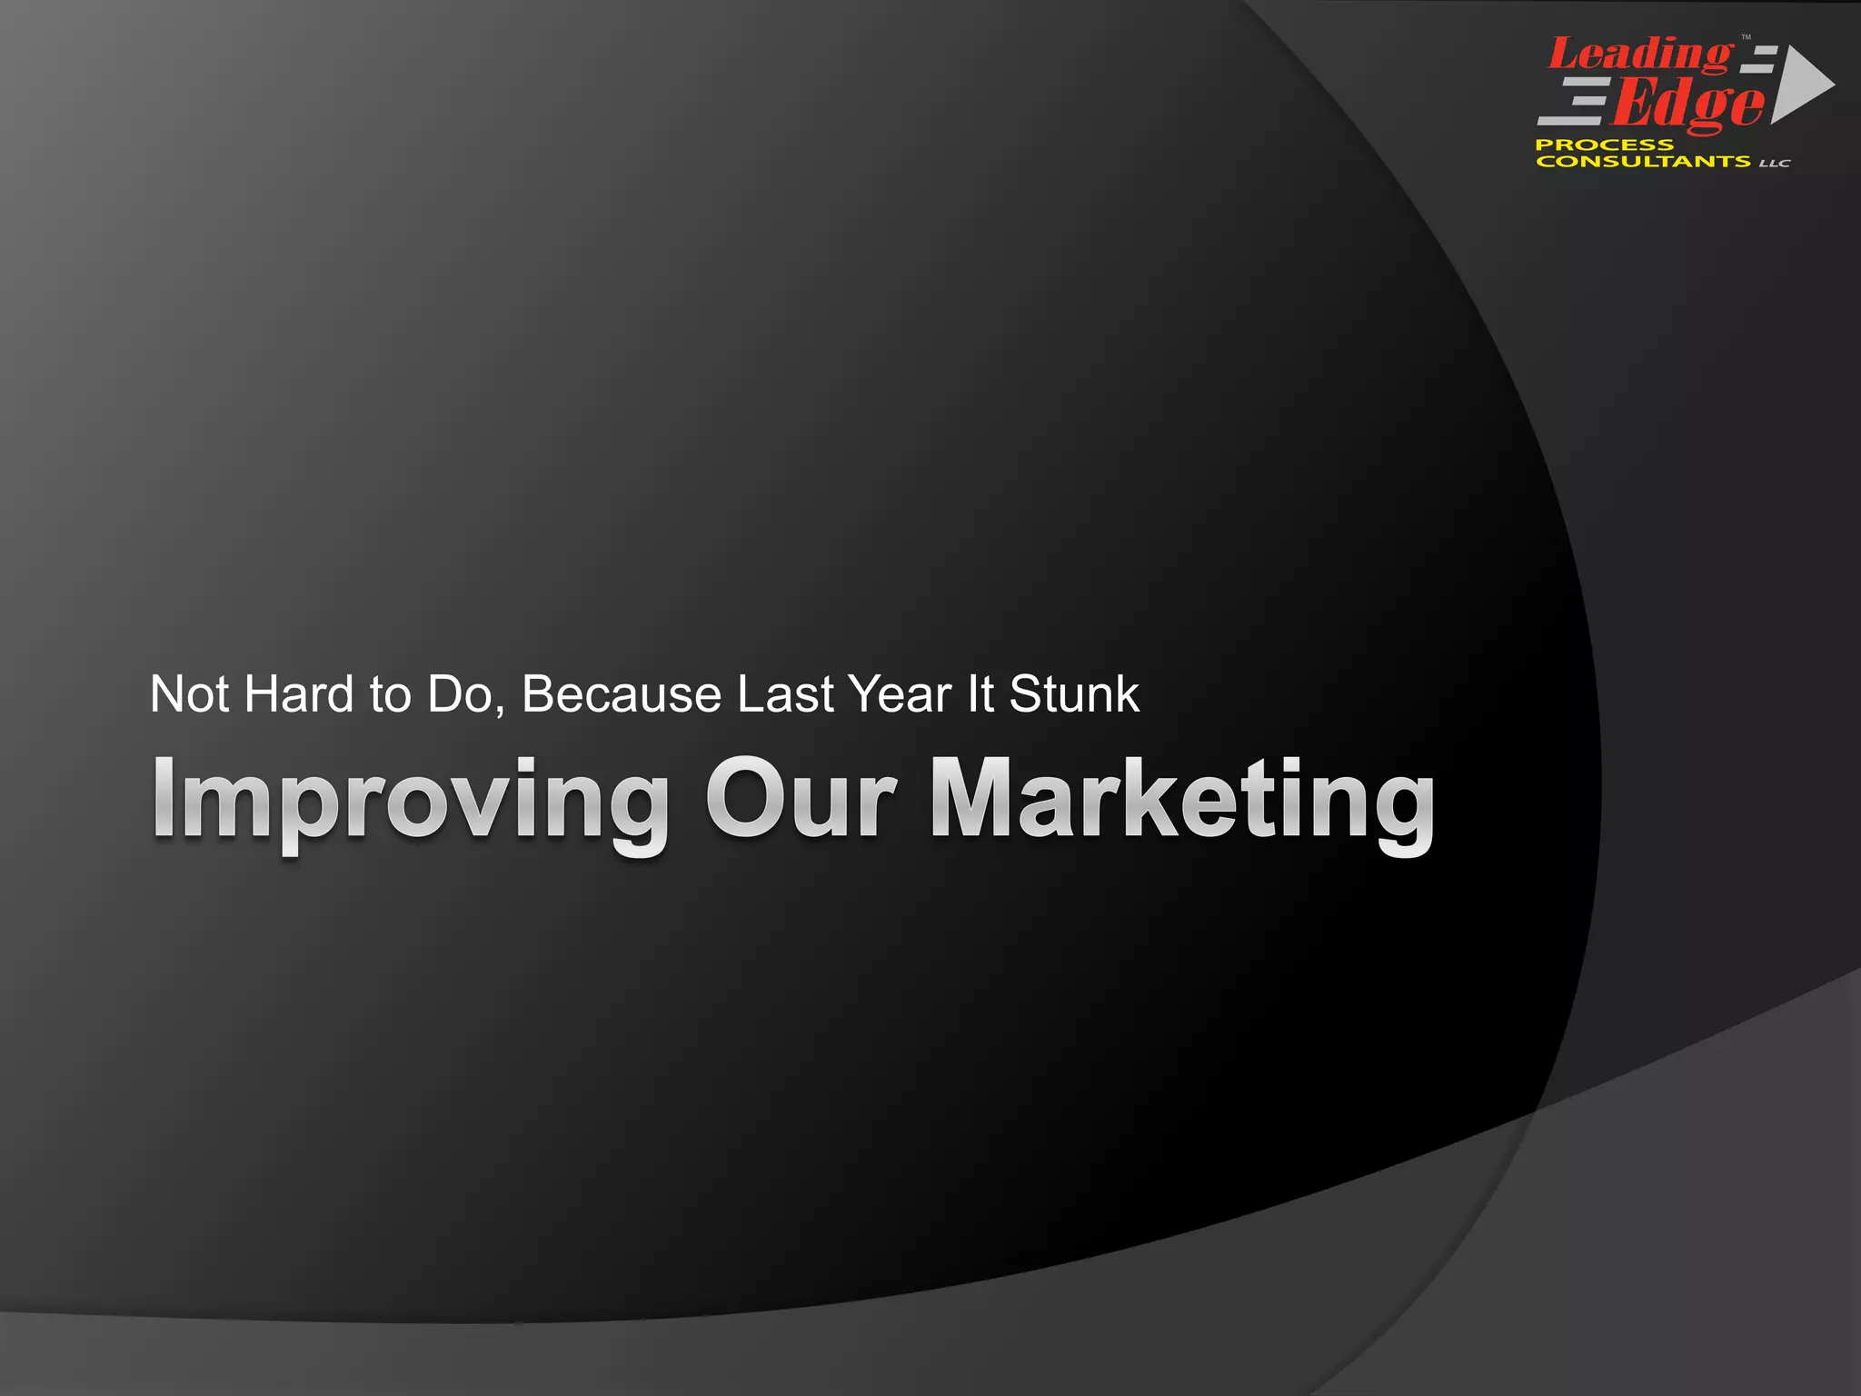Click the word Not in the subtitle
190,694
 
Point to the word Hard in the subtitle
299,694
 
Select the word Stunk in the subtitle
1074,694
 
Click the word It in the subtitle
980,694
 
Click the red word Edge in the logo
1688,105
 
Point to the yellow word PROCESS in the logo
1604,145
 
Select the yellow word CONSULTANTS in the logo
1643,162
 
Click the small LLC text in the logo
1775,164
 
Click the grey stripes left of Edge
1573,102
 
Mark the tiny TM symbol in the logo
1746,38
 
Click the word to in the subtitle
390,694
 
